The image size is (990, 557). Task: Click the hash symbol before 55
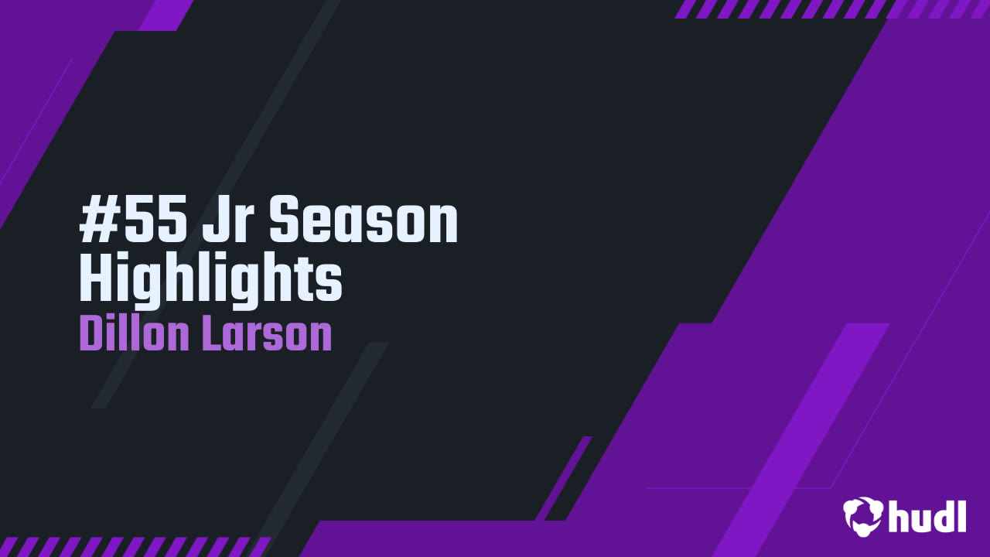point(96,221)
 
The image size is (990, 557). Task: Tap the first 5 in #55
point(131,221)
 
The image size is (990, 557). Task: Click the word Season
point(364,221)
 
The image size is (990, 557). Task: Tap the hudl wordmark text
point(927,516)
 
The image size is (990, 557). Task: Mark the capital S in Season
point(285,221)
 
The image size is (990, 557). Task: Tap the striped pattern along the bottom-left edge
point(135,546)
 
